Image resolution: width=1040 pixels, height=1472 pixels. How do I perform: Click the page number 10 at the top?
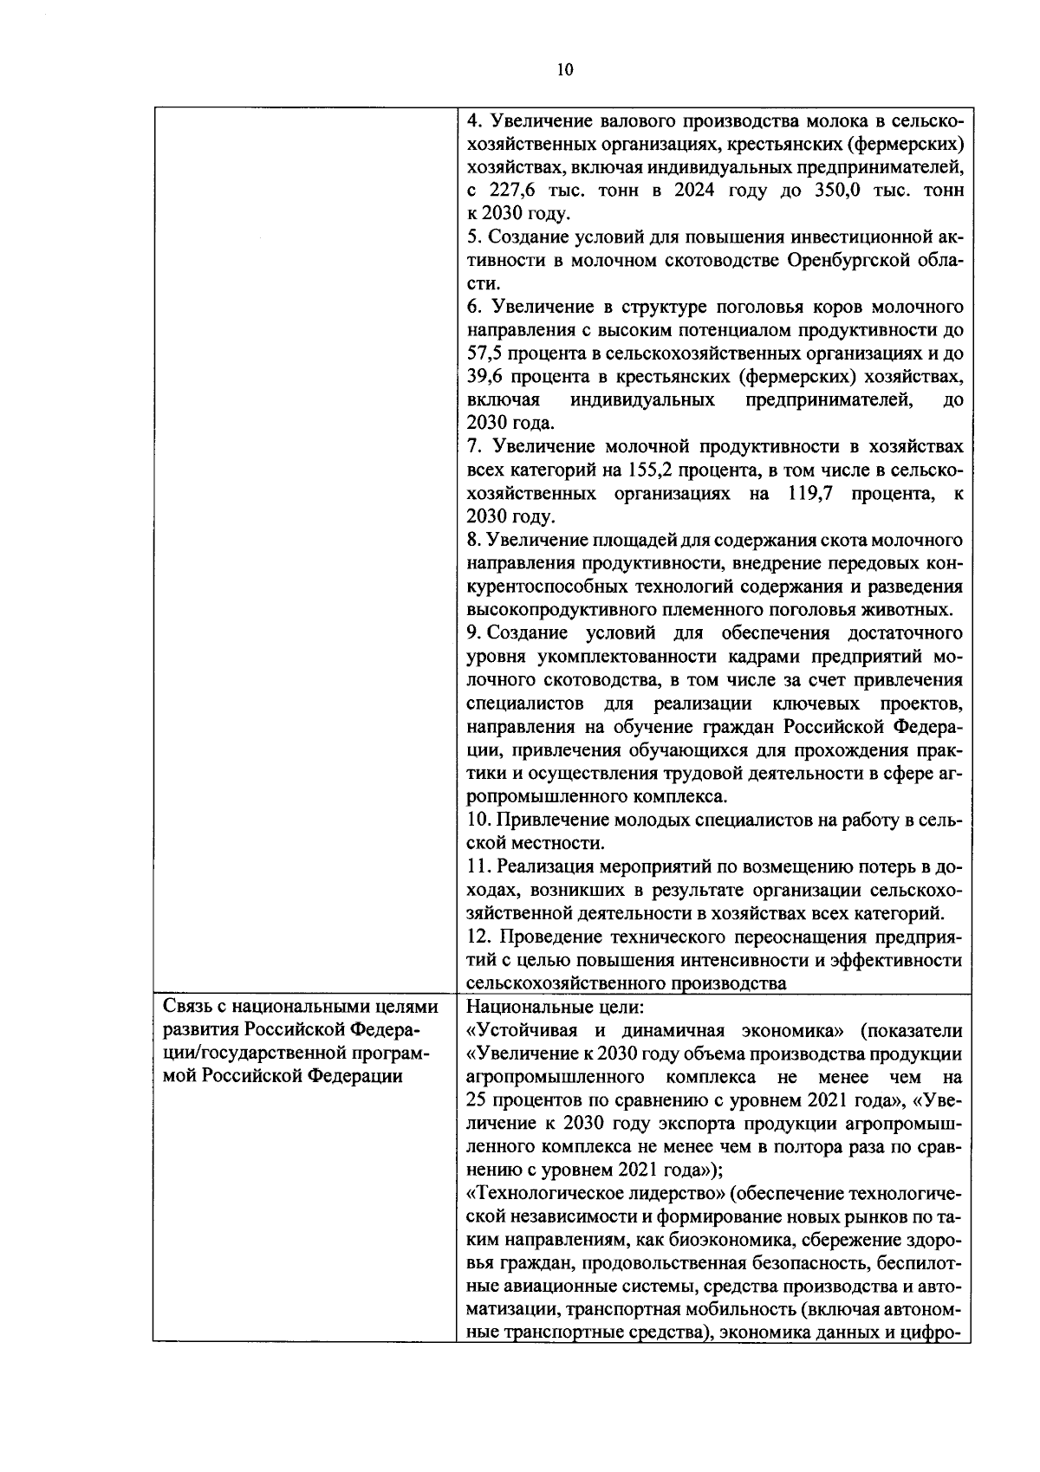[565, 70]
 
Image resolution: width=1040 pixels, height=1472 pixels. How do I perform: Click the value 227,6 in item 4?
[523, 191]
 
